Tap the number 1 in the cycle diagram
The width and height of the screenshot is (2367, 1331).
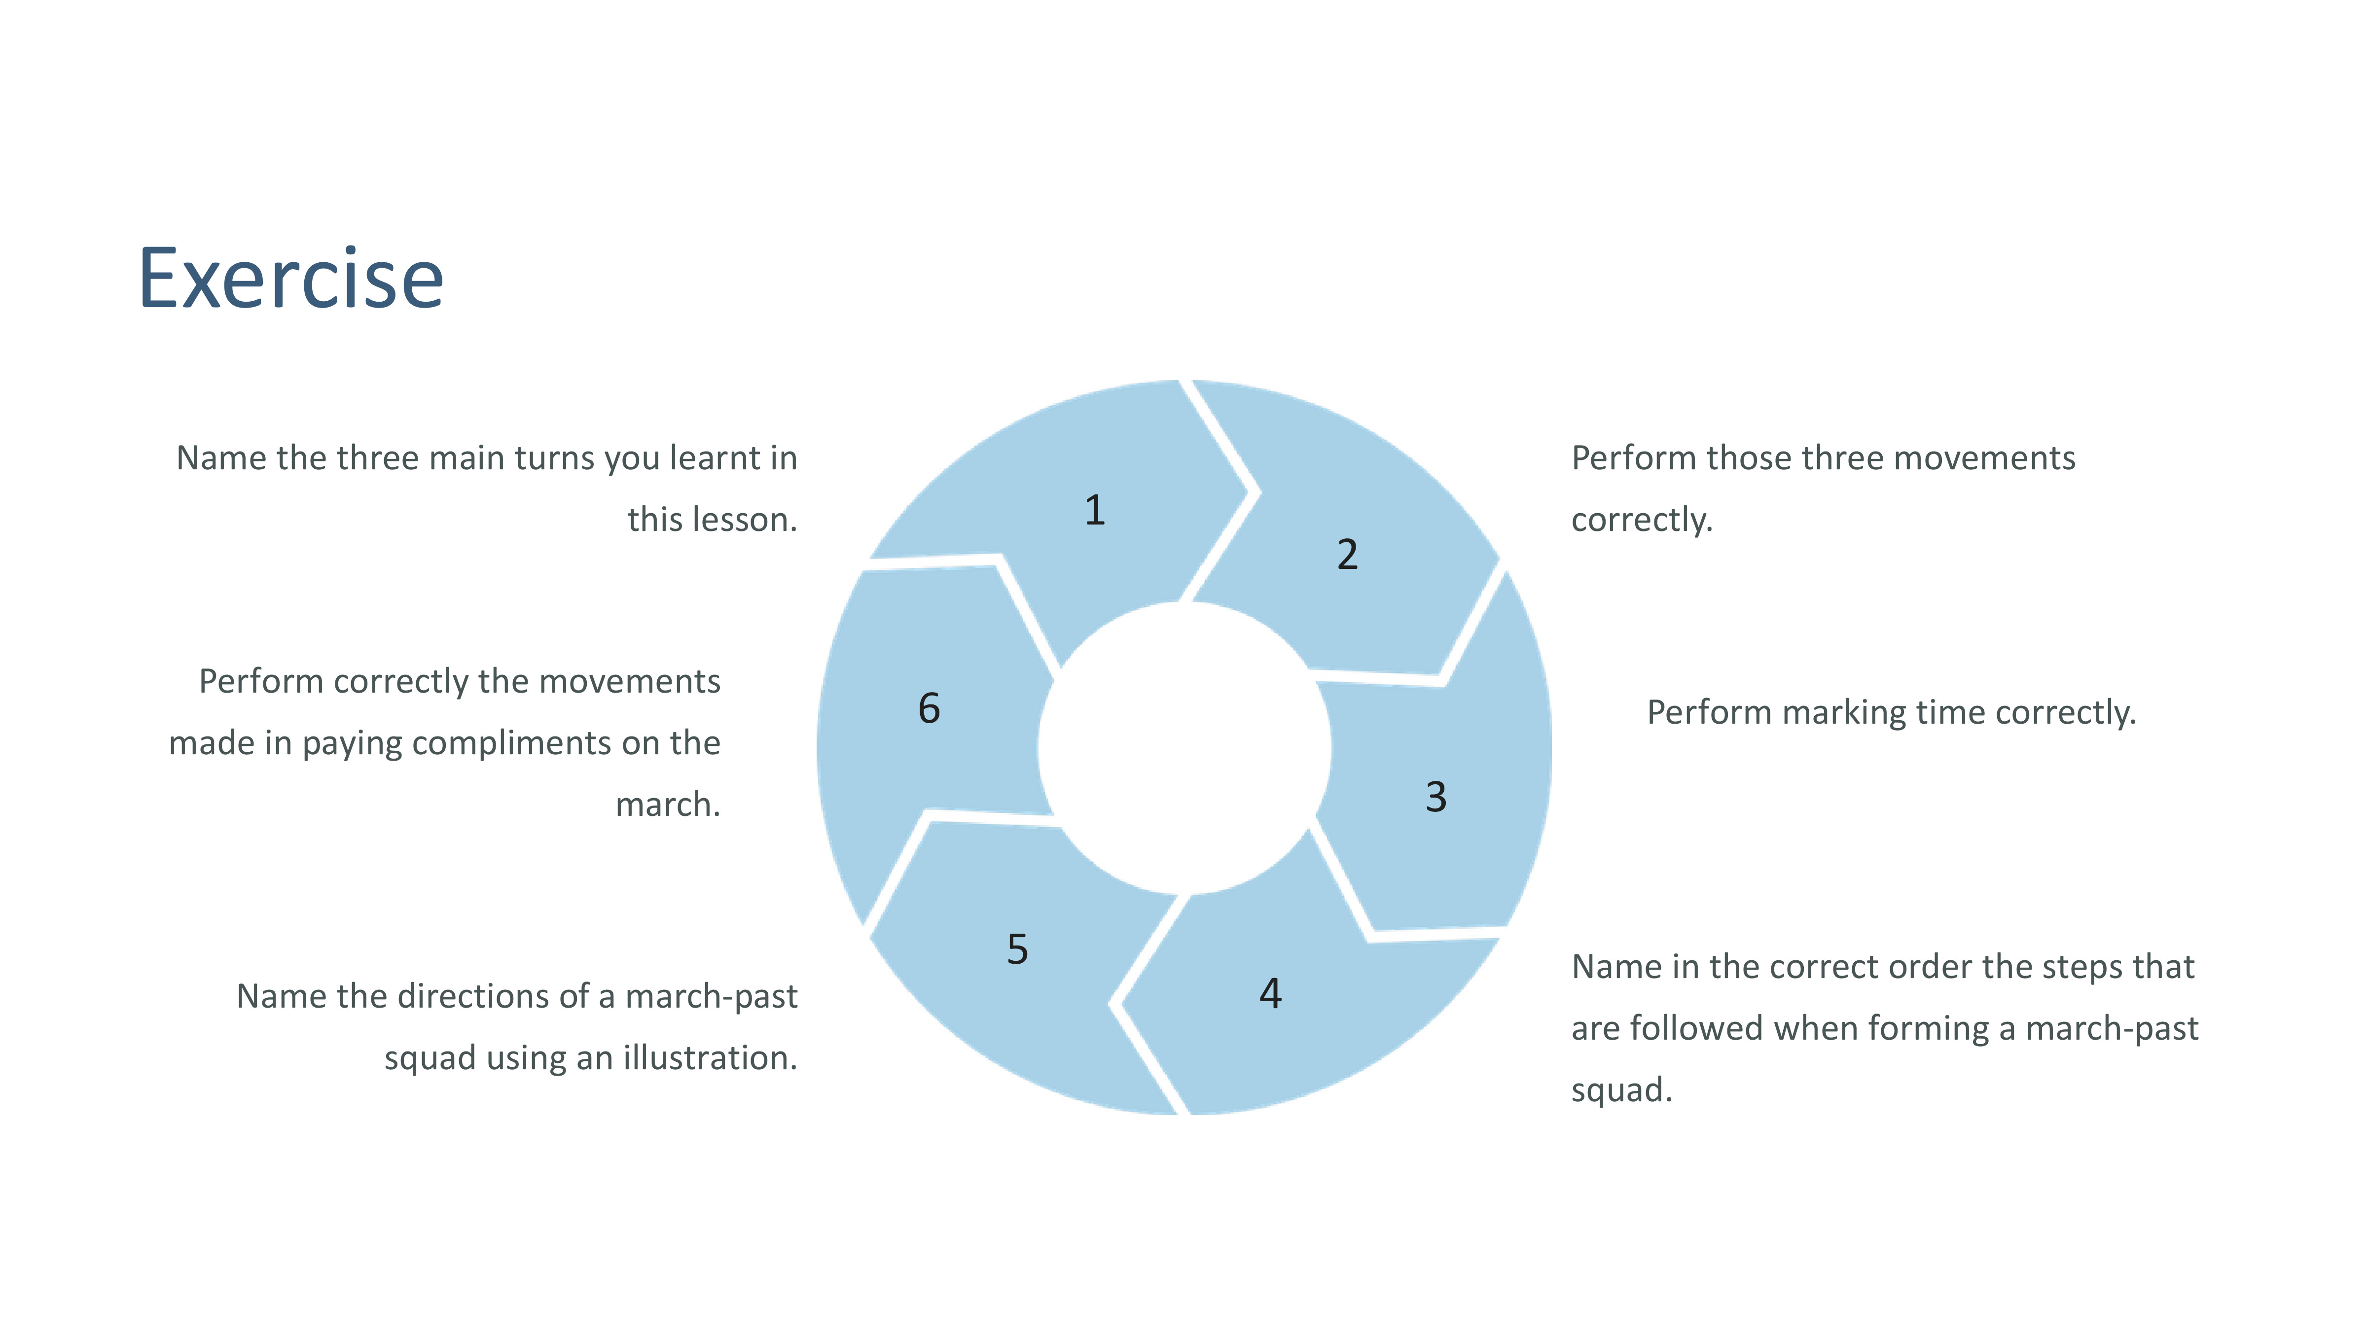tap(1094, 510)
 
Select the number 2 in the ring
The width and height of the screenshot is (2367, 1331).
tap(1347, 554)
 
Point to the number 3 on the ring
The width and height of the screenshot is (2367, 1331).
tap(1436, 797)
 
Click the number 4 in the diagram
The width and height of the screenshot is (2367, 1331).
tap(1271, 993)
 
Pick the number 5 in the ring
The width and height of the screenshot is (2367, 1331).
tap(1017, 949)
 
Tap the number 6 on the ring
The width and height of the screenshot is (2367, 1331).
tap(929, 708)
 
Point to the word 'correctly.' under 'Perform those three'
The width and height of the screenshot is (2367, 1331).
tap(1642, 520)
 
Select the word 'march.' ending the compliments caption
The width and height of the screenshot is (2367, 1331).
tap(668, 805)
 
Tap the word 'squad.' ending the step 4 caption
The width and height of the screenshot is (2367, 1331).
tap(1622, 1090)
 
